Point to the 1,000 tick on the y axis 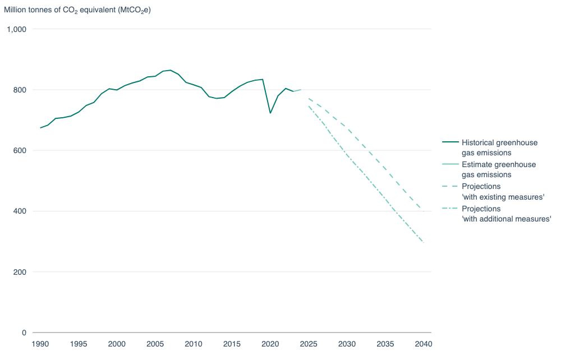(x=16, y=29)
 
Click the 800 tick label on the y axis (x=20, y=90)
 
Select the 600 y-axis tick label (x=20, y=150)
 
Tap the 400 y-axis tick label (x=20, y=211)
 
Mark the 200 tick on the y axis (x=20, y=272)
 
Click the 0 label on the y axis (x=24, y=333)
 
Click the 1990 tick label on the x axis (x=40, y=344)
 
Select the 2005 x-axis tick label (x=155, y=344)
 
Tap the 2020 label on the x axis (x=270, y=344)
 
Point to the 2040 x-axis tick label (x=423, y=344)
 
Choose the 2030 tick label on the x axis (x=347, y=344)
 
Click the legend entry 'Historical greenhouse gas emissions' (x=499, y=147)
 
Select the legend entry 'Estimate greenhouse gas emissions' (x=498, y=169)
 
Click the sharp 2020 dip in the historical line (x=270, y=113)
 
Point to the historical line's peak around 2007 (x=171, y=70)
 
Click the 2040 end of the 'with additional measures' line (x=423, y=242)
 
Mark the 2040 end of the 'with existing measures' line (x=423, y=211)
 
